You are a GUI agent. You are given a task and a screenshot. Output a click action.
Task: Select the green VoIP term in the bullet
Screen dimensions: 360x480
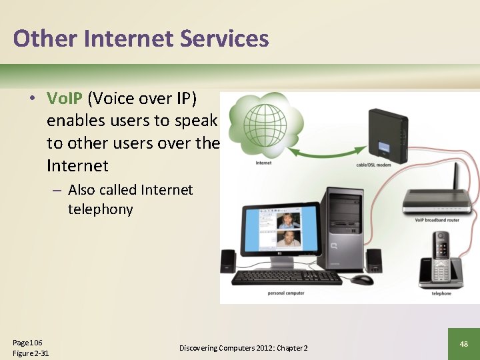65,99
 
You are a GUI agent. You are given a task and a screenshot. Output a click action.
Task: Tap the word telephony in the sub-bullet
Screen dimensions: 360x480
100,209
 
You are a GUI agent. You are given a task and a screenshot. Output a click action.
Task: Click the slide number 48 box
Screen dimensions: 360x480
463,344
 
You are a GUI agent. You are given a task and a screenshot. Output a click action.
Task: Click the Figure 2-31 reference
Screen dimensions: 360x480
31,353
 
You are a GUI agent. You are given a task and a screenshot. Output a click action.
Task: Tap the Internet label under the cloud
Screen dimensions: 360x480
263,163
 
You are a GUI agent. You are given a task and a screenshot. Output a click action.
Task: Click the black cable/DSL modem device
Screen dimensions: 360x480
388,133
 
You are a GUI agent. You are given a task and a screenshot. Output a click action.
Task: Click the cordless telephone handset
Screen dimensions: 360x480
440,257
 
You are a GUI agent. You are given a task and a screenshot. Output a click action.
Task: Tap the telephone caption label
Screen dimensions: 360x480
441,293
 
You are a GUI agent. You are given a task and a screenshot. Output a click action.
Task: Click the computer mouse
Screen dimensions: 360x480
362,279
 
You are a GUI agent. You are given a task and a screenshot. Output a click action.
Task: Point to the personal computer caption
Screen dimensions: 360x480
286,293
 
